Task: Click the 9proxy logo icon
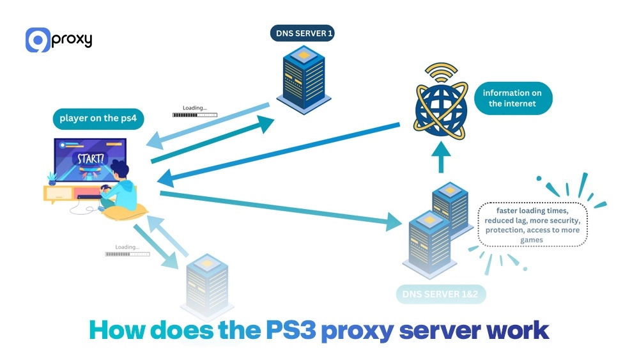tap(37, 40)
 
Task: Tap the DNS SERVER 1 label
tap(302, 33)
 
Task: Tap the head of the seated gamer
tap(119, 171)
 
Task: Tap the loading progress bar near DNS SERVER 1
tap(195, 115)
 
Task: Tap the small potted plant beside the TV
tap(52, 178)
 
